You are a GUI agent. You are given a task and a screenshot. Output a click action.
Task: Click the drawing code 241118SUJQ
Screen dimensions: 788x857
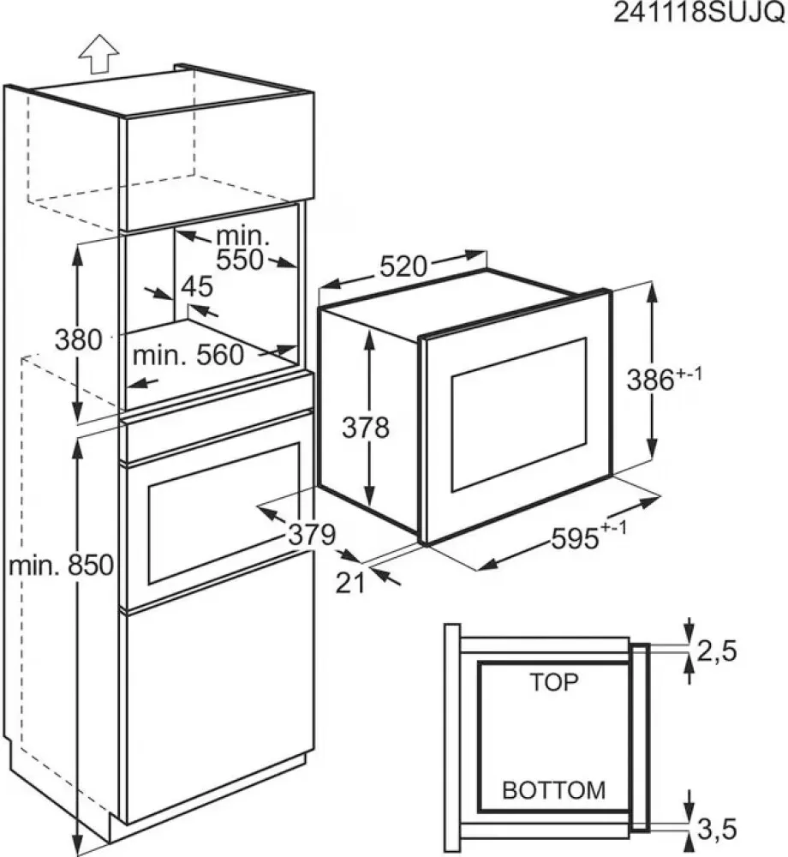click(699, 13)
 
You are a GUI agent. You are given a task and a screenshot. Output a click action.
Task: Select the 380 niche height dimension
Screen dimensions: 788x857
click(79, 339)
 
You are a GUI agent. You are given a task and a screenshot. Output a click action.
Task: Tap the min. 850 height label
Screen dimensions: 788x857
click(61, 565)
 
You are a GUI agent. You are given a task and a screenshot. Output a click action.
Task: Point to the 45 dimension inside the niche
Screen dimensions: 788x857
click(197, 286)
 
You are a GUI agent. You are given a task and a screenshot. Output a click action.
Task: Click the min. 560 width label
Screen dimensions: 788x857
click(188, 356)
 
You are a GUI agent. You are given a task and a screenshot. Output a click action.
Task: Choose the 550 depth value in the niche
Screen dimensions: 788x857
click(240, 261)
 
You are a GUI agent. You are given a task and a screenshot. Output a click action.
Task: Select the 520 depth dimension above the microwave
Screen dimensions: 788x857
click(403, 267)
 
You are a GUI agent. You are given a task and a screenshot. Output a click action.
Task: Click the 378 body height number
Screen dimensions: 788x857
click(366, 428)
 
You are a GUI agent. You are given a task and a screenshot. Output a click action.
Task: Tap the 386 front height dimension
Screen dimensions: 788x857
click(650, 380)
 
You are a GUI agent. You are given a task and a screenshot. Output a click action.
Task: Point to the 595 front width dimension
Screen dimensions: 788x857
click(575, 539)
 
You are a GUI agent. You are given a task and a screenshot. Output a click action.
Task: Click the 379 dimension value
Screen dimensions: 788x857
click(312, 535)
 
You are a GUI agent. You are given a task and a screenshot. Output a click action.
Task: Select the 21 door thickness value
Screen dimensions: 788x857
click(349, 583)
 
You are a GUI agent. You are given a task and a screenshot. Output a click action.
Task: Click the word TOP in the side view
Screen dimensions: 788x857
click(553, 682)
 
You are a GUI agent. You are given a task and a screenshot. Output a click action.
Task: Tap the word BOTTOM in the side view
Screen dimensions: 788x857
click(553, 790)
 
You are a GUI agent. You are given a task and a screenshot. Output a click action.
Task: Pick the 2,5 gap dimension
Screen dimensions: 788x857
click(717, 651)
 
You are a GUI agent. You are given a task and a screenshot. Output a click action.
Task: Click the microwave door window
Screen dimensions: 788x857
click(519, 414)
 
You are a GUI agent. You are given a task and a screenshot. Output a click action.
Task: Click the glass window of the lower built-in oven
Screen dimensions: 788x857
click(224, 512)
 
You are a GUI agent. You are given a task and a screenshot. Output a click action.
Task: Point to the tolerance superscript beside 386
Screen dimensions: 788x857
click(689, 375)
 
